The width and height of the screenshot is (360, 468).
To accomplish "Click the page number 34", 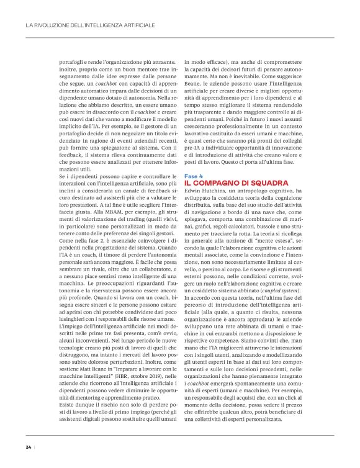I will pyautogui.click(x=29, y=446).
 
